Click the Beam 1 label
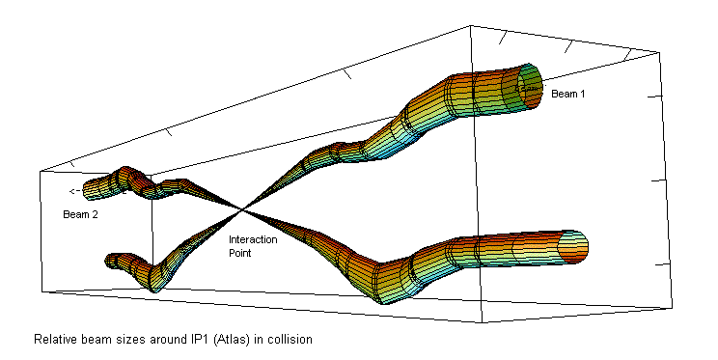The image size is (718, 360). (567, 94)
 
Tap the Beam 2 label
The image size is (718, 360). (80, 214)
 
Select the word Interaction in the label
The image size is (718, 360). (253, 239)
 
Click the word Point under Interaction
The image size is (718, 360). (240, 253)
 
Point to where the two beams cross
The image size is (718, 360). (242, 210)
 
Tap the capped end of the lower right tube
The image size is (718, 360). (574, 247)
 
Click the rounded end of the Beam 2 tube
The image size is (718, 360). (87, 191)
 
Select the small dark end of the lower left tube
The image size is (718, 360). (109, 261)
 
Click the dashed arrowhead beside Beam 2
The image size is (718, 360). (71, 191)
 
